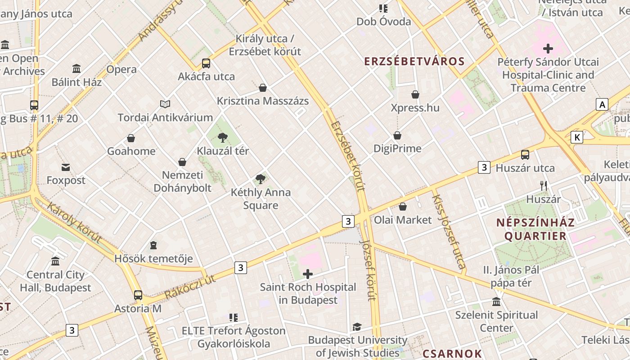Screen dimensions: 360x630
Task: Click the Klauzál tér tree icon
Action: [x=223, y=138]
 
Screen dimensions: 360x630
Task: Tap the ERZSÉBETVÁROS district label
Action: [x=414, y=61]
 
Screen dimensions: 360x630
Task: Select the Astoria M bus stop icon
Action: [x=138, y=295]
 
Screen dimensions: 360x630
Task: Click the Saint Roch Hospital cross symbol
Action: [x=308, y=274]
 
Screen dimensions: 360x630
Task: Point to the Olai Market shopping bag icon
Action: [x=403, y=207]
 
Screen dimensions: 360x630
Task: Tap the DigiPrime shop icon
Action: [x=397, y=135]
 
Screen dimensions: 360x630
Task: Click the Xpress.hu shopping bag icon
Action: [x=415, y=94]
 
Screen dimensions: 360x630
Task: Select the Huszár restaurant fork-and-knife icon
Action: [x=544, y=185]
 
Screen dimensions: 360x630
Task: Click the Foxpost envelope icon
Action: [x=66, y=167]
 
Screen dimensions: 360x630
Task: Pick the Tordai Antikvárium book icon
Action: [x=165, y=104]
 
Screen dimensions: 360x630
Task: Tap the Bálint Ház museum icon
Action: [x=76, y=69]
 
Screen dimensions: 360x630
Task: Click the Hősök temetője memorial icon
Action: [x=153, y=246]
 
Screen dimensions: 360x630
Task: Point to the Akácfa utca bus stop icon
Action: [x=206, y=63]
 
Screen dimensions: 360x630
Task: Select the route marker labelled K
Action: [x=576, y=137]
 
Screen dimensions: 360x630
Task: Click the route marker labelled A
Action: [x=602, y=105]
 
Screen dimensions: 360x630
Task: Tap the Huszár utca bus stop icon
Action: [x=525, y=155]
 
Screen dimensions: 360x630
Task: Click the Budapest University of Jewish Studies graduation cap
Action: [x=357, y=327]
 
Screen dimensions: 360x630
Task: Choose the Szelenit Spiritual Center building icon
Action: [x=496, y=301]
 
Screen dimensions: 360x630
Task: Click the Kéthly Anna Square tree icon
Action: [x=260, y=179]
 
